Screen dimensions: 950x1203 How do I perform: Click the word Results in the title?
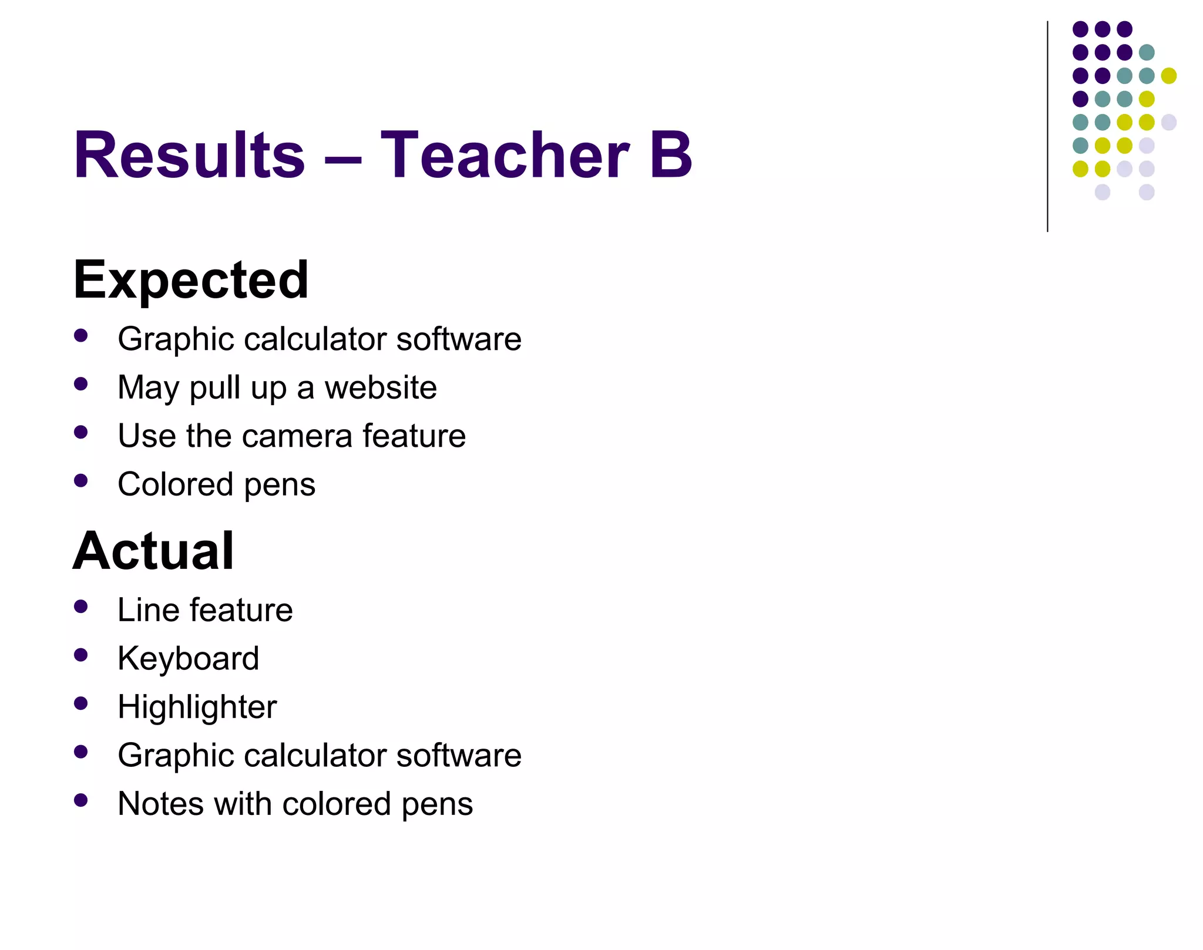[189, 155]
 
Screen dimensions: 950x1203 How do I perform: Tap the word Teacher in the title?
[505, 155]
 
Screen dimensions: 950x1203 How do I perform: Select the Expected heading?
[191, 280]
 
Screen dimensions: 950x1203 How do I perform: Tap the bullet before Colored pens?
[81, 481]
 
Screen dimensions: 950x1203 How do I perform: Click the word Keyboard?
[188, 658]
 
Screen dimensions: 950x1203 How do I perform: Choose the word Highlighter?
[197, 707]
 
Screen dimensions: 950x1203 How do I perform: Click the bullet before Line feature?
[81, 607]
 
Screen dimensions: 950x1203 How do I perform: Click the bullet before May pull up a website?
[81, 385]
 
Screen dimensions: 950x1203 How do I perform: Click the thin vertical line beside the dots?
[1047, 126]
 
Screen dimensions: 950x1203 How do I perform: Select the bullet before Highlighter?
[81, 703]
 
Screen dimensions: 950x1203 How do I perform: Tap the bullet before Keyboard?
[81, 655]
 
